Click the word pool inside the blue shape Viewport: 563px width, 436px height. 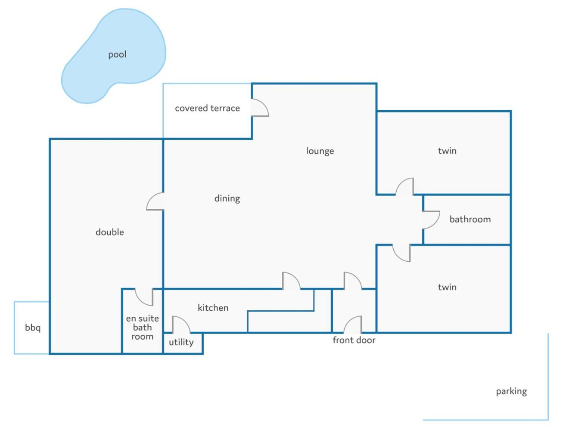[117, 55]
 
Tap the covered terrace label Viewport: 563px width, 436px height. [207, 108]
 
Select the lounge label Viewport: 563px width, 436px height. [320, 151]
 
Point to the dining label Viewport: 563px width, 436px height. [227, 199]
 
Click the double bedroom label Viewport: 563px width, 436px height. [109, 232]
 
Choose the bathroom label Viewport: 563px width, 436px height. [470, 220]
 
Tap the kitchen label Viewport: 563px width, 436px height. [213, 308]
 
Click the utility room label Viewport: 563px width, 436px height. [181, 342]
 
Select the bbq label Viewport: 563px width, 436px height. [33, 328]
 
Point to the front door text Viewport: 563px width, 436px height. [354, 340]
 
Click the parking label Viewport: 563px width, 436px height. [511, 392]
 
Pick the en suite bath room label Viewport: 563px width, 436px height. [142, 328]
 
